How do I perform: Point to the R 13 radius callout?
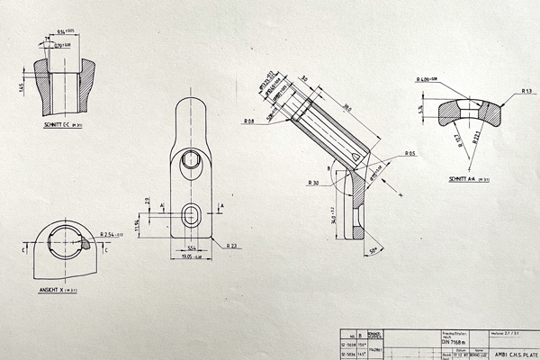coord(526,91)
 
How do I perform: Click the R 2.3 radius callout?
coord(231,246)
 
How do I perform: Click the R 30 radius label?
coord(313,183)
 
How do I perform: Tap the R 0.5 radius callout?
coord(409,154)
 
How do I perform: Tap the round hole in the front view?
coord(191,160)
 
